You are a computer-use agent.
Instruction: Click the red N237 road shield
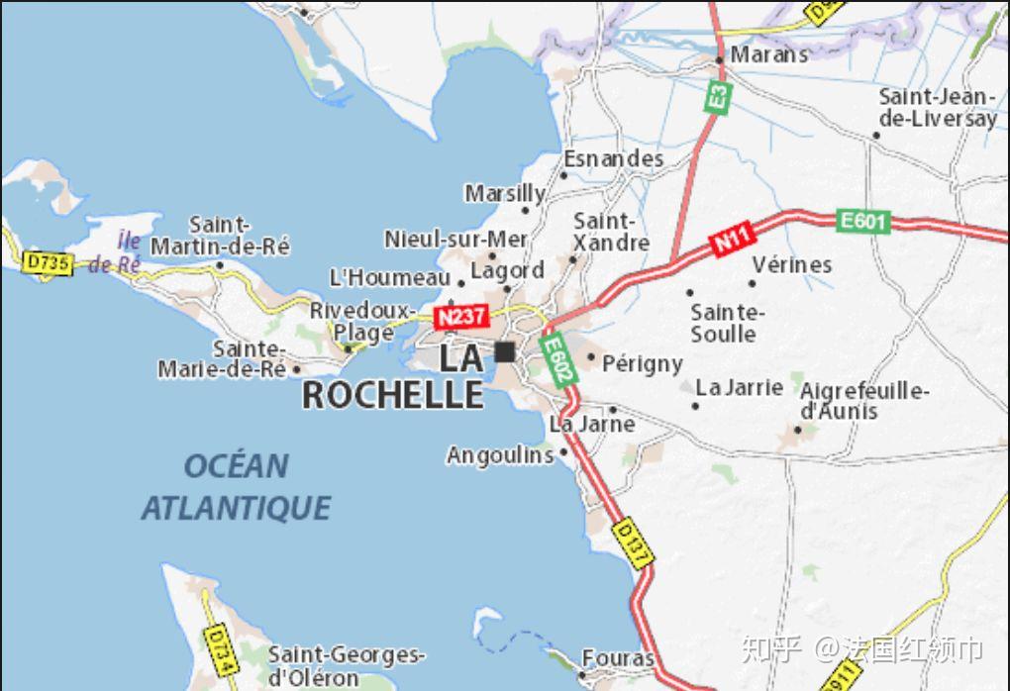coord(460,317)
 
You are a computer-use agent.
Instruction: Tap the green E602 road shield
coord(557,358)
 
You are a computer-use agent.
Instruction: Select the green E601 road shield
coord(862,221)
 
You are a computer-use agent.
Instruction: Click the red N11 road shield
coord(734,240)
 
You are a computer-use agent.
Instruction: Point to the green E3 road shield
coord(718,97)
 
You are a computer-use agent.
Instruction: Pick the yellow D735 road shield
coord(48,263)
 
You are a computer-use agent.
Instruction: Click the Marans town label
coord(769,54)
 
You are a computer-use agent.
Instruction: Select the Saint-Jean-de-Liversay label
coord(938,107)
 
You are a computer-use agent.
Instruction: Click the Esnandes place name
coord(614,158)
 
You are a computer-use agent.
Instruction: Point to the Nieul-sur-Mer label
coord(455,239)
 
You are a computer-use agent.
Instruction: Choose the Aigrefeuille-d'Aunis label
coord(863,400)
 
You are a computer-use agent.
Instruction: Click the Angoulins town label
coord(500,455)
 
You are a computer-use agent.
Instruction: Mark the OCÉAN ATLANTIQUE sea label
coord(236,486)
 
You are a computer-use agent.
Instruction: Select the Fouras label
coord(618,658)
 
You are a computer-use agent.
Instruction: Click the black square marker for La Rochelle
coord(505,351)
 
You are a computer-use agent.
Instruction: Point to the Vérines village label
coord(792,264)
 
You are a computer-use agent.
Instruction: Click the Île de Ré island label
coord(115,252)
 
